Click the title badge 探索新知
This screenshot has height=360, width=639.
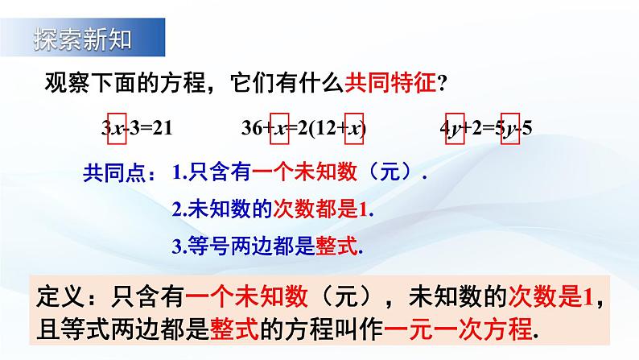(x=85, y=39)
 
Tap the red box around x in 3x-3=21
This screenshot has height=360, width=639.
(x=116, y=128)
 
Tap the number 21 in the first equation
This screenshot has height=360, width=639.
(x=164, y=128)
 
